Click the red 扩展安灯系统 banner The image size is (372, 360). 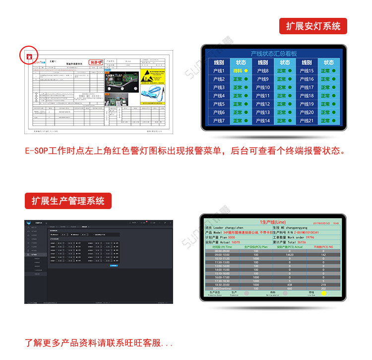click(313, 26)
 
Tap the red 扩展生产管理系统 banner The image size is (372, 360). click(68, 201)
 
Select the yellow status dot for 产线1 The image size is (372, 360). click(246, 71)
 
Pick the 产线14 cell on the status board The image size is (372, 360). click(263, 121)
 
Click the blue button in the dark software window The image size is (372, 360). click(114, 266)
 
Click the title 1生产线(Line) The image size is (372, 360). click(273, 222)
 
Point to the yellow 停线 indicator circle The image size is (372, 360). click(324, 293)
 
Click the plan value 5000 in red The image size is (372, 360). click(231, 238)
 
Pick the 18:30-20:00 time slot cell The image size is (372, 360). click(222, 285)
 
